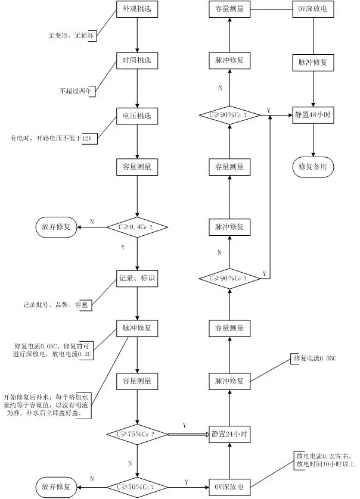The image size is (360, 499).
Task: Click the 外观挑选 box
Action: [x=137, y=10]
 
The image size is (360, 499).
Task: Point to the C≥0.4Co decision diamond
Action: [x=137, y=226]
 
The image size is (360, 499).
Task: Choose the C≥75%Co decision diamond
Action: [x=137, y=434]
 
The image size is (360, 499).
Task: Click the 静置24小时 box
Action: [x=229, y=434]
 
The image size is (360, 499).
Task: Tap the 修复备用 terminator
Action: [x=314, y=167]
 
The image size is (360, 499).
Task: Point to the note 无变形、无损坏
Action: [x=72, y=36]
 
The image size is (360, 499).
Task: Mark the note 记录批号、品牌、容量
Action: [x=55, y=305]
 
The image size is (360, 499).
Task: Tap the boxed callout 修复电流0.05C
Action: [x=315, y=358]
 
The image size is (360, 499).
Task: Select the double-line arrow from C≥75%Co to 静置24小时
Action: [x=186, y=434]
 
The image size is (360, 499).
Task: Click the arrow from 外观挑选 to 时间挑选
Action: [x=138, y=36]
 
